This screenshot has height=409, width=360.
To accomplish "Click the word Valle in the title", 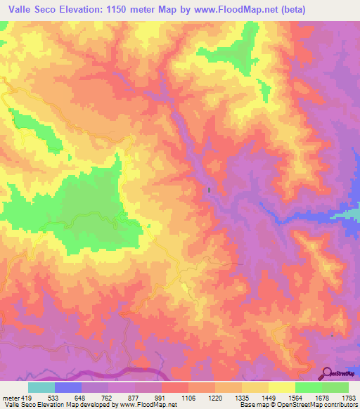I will tap(22, 10).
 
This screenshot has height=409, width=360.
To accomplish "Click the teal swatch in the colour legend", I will tap(41, 387).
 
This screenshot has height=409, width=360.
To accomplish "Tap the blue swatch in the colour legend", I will tap(68, 387).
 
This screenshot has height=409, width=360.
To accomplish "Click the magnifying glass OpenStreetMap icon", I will tap(328, 372).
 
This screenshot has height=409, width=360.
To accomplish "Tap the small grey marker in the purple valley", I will tap(209, 190).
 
